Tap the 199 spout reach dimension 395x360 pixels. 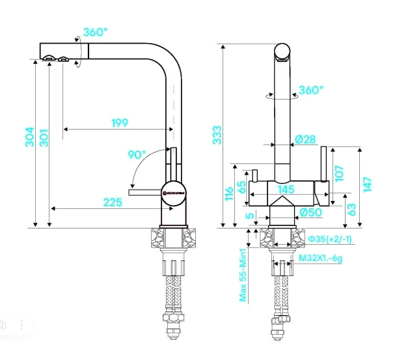point(120,122)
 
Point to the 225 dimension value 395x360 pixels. point(113,202)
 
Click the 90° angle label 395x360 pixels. point(137,154)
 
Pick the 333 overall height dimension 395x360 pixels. point(217,133)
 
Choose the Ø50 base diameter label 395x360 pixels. point(311,212)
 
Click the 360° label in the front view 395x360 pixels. point(310,90)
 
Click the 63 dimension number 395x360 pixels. point(351,209)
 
